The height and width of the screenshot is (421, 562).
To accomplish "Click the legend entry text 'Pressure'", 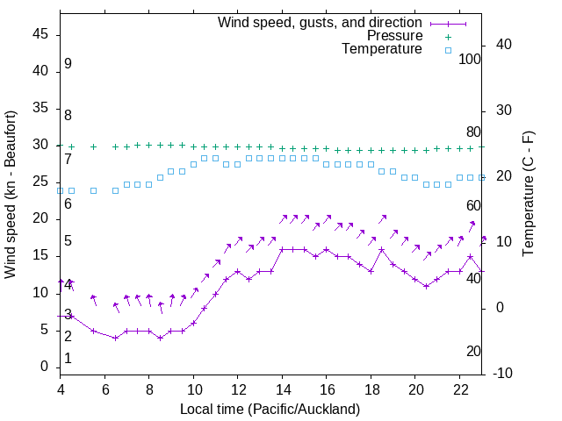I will [x=394, y=36].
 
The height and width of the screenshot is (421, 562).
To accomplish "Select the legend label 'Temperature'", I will [x=382, y=49].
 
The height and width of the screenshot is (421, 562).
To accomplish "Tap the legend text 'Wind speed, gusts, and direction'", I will [x=321, y=22].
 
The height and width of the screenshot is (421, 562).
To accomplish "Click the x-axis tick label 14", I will [x=282, y=389].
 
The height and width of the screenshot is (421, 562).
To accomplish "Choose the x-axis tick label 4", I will [x=61, y=389].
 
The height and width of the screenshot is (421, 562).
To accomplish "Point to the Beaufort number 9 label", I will [x=68, y=64].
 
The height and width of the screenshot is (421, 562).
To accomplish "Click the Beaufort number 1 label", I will [x=68, y=359].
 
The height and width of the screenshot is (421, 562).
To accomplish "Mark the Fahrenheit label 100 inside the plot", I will [x=471, y=59].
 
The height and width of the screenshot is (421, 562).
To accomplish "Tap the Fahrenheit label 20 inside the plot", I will [x=473, y=352].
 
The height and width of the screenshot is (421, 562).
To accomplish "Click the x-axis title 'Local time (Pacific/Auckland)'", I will [x=270, y=409].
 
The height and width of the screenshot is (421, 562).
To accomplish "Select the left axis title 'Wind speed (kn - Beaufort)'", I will [x=11, y=194].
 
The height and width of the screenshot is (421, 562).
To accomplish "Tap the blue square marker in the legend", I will [x=448, y=50].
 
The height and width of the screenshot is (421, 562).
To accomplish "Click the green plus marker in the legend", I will [x=448, y=37].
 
